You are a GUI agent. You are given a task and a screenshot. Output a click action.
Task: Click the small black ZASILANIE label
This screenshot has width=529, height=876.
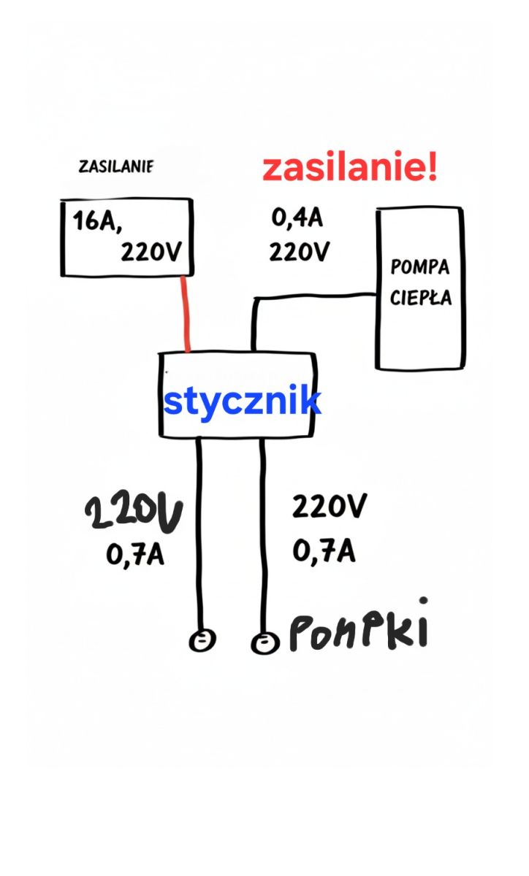116,166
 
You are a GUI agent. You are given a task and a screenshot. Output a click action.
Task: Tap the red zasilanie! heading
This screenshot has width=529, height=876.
350,167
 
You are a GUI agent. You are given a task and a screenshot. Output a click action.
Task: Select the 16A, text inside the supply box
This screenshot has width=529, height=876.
96,221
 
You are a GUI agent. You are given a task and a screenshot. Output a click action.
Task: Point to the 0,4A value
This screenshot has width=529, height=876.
297,218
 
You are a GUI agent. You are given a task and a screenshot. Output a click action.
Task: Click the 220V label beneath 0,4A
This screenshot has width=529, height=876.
299,251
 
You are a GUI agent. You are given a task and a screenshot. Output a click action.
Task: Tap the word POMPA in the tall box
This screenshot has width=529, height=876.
419,267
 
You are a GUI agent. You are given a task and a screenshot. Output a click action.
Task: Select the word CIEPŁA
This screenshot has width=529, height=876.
421,297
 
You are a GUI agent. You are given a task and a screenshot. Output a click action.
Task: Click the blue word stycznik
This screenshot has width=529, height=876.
243,400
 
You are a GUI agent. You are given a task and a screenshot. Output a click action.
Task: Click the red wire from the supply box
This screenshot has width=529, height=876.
185,314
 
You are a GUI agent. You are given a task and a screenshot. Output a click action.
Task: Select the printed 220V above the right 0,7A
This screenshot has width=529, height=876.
330,506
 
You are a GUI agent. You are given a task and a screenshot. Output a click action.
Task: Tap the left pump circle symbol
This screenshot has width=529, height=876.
202,639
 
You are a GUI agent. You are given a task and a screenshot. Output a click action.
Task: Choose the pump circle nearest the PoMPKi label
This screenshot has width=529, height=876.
265,643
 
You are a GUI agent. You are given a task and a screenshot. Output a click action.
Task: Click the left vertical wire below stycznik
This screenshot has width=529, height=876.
199,534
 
